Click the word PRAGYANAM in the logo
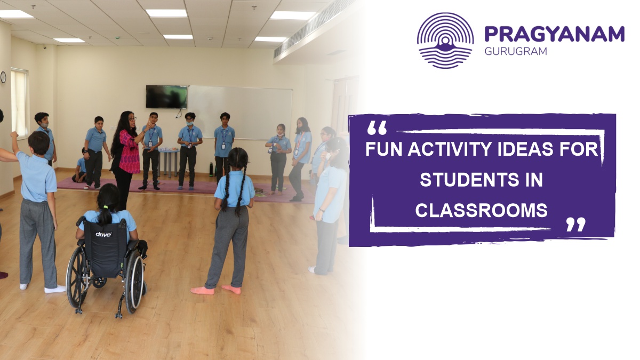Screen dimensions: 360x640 (554, 35)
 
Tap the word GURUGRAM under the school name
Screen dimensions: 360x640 (509, 52)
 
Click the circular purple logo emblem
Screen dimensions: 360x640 (445, 41)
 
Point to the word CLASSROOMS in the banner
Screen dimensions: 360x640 (482, 211)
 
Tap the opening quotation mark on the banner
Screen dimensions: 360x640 (377, 128)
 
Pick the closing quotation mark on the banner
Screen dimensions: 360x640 (575, 225)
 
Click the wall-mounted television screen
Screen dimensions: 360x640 (166, 97)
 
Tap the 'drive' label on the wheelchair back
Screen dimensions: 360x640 (103, 234)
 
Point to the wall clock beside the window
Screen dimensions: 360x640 (3, 77)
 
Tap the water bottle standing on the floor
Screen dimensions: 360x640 (211, 170)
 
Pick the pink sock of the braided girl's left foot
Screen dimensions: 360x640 (203, 290)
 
